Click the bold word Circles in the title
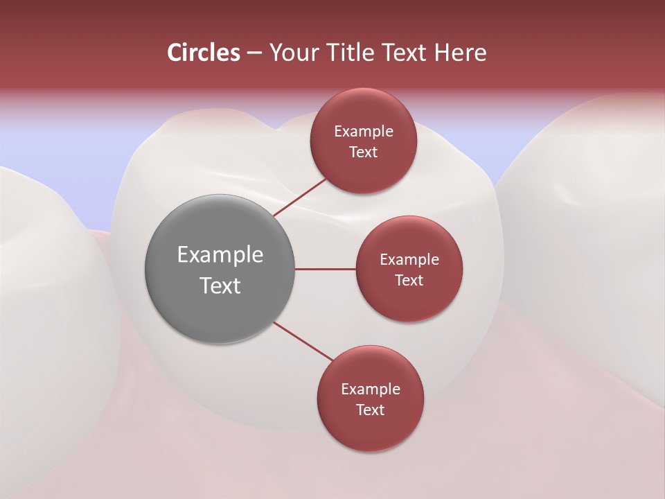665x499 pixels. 204,53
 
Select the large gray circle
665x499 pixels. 220,269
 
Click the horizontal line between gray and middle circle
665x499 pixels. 326,269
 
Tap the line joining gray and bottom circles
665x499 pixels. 303,341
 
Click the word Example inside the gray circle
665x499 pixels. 220,254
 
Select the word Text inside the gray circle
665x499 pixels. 220,285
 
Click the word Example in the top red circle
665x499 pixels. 364,131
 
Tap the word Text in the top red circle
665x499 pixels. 363,152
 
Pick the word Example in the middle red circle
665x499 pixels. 409,259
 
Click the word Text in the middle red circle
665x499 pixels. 409,280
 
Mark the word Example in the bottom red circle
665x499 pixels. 371,389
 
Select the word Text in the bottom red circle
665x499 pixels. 370,410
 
